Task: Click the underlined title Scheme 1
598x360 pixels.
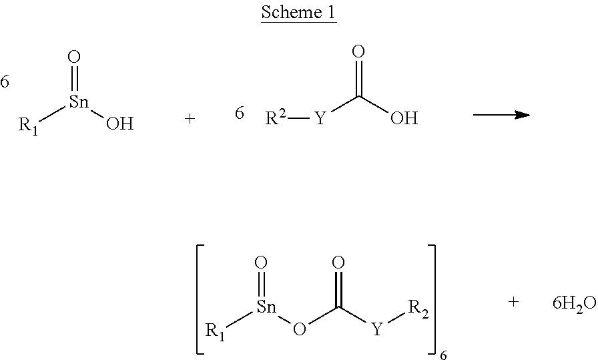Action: coord(298,12)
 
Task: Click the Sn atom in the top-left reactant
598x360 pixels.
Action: coord(79,102)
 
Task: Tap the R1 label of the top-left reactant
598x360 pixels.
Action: coord(29,126)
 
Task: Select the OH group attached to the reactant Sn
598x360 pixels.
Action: coord(119,123)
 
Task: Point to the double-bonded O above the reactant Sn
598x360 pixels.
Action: coord(74,57)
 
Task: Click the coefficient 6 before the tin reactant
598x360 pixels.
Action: coord(4,81)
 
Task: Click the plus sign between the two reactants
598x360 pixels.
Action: coord(190,119)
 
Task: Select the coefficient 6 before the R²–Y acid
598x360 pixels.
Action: coord(239,113)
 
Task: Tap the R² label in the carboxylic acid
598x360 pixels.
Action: coord(276,118)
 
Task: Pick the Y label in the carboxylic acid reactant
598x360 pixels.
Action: coord(320,118)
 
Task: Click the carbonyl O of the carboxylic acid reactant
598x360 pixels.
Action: coord(358,51)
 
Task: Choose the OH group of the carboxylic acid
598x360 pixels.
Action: coord(404,118)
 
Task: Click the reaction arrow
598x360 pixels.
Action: coord(501,114)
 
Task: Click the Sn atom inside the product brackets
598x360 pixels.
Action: coord(266,307)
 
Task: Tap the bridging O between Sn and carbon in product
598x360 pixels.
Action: coord(300,328)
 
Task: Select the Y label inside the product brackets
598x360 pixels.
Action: coord(377,329)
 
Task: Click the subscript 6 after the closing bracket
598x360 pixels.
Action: coord(443,355)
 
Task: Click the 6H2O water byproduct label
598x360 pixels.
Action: coord(575,304)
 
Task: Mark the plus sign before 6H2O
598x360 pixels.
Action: coord(513,302)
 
